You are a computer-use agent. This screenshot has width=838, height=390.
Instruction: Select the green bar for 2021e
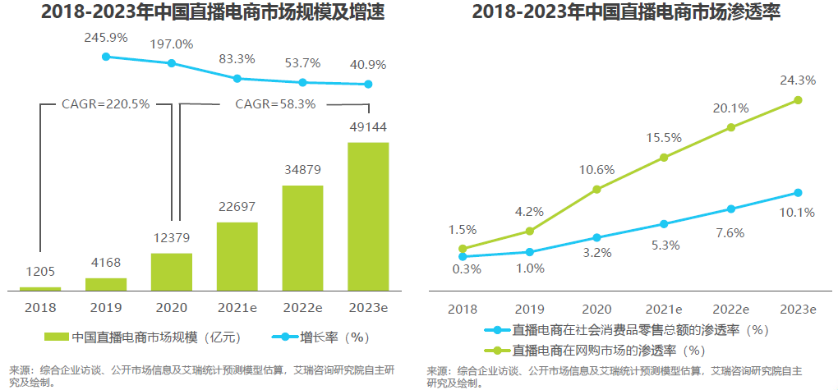(237, 256)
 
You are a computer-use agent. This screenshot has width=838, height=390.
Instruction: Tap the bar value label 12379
(171, 238)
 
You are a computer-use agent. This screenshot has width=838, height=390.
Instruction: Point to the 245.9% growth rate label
(105, 38)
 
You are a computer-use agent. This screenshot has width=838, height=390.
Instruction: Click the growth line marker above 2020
(172, 63)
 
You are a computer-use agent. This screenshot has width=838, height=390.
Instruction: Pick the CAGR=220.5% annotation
(105, 104)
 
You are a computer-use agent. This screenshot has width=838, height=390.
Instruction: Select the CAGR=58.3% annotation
(275, 104)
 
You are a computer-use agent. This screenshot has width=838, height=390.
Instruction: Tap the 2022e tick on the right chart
(730, 309)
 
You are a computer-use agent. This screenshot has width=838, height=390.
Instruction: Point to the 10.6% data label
(596, 170)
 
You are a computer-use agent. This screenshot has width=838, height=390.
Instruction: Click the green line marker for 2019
(530, 232)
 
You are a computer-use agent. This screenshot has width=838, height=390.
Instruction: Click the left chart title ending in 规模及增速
(201, 12)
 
